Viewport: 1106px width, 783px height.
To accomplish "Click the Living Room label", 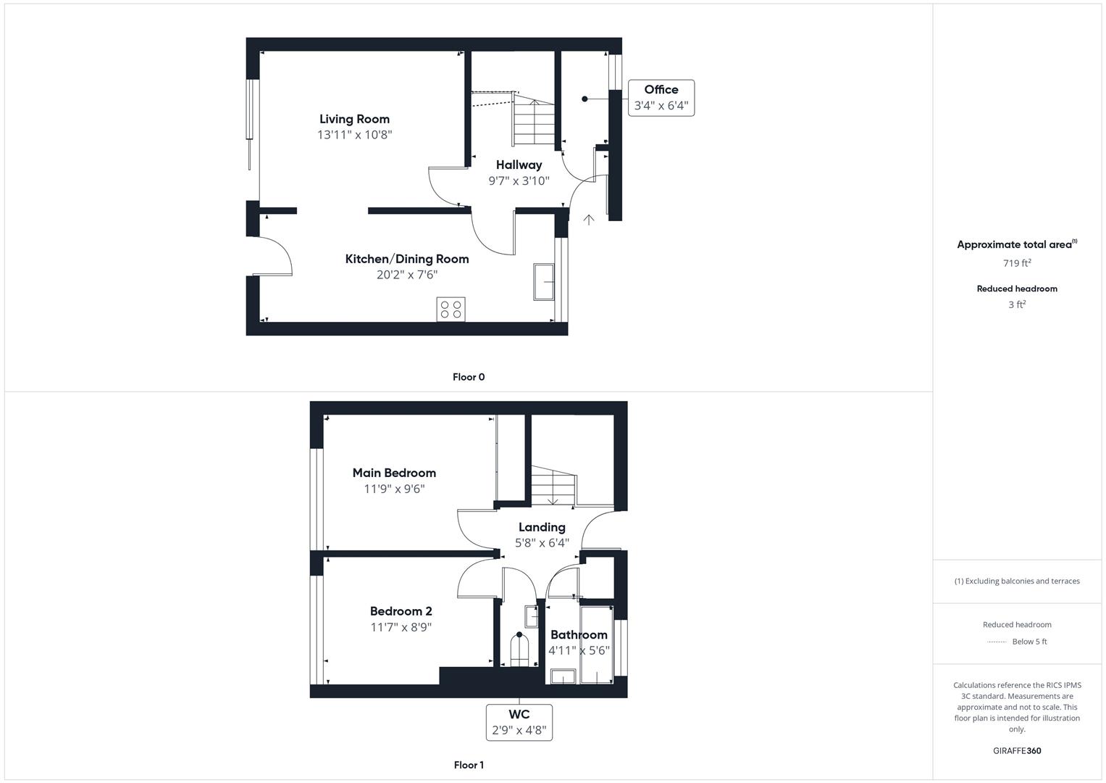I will (x=354, y=119).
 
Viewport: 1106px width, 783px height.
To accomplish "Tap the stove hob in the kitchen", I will (x=451, y=310).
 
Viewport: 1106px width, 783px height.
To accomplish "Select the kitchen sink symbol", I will (x=544, y=282).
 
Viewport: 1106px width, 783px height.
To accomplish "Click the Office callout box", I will (x=661, y=98).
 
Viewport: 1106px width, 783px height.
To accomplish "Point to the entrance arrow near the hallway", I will (x=589, y=219).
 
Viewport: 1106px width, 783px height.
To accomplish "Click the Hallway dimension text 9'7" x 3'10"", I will (x=519, y=181).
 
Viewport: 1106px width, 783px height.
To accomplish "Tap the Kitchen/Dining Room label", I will (x=406, y=259).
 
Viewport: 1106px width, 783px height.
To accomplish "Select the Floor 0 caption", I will (x=469, y=377).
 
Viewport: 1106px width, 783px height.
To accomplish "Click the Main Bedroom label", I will (x=394, y=473).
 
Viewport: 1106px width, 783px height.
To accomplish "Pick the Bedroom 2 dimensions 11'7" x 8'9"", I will (x=401, y=627).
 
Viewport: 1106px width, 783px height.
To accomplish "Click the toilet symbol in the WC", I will (x=519, y=650).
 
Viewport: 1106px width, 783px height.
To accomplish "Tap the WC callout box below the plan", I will (x=519, y=722).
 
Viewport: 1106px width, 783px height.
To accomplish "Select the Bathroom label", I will (x=579, y=634).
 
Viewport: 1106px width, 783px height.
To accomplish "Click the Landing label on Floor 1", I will (x=542, y=527).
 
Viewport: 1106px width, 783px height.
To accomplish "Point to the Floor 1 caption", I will (x=469, y=765).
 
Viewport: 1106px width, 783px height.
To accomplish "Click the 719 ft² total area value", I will (x=1017, y=263).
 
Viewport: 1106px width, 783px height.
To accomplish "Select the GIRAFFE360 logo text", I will (x=1017, y=751).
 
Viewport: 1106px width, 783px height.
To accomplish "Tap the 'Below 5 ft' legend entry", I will (x=1029, y=642).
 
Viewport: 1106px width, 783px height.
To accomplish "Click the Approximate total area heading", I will (x=1016, y=244).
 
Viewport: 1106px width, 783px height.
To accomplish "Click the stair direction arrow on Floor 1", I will (x=553, y=500).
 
